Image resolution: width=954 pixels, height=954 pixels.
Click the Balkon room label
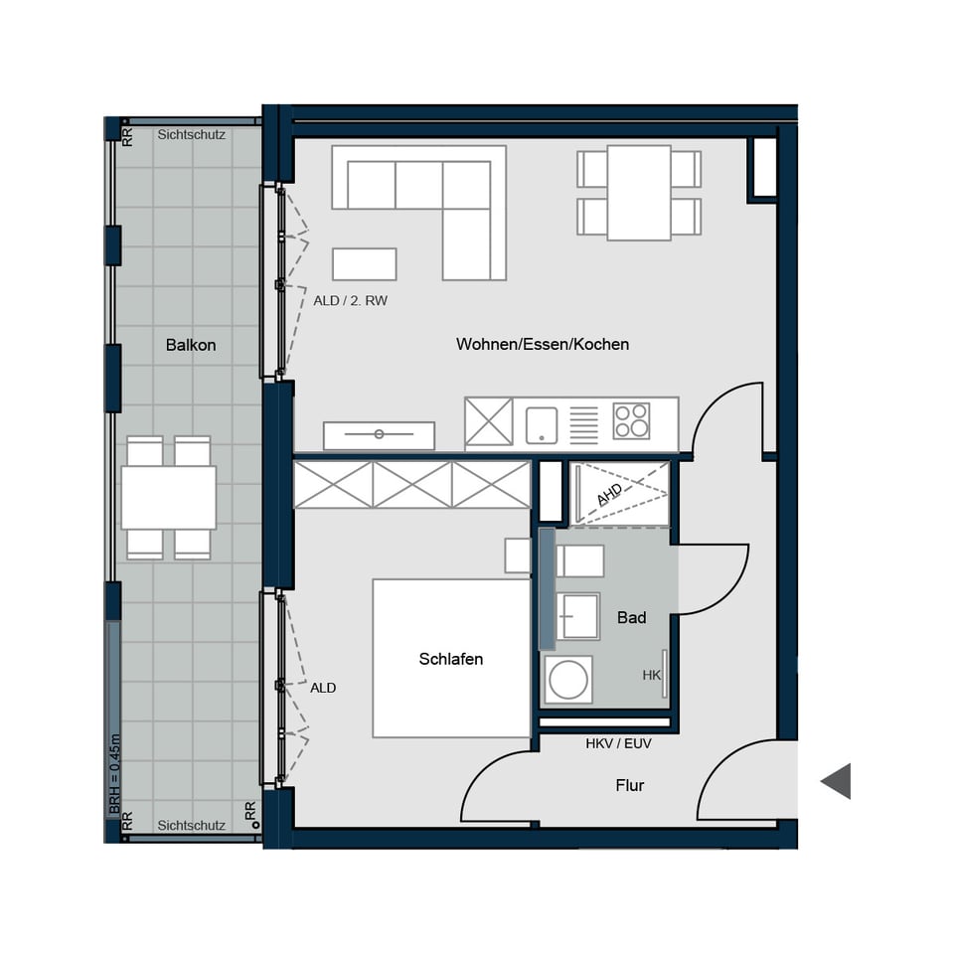(x=191, y=345)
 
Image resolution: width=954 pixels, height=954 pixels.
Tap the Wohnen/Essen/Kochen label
(x=543, y=345)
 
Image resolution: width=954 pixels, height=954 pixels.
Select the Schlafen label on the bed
(x=450, y=659)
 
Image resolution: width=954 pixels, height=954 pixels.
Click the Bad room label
(x=631, y=617)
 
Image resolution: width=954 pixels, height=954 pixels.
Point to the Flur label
(x=629, y=785)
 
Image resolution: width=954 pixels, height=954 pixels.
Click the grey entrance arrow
(x=836, y=781)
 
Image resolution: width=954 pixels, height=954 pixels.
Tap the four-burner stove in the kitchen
(x=631, y=421)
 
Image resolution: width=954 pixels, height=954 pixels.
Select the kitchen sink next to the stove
(x=542, y=424)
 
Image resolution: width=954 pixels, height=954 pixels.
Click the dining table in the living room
(x=639, y=193)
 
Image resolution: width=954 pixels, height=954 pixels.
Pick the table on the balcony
(x=168, y=497)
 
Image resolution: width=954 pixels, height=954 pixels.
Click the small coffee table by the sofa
(x=364, y=264)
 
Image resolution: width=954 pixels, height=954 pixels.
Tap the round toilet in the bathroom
(x=568, y=681)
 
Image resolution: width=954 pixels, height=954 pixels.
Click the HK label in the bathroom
(x=651, y=675)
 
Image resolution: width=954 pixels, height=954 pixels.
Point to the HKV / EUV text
(x=618, y=742)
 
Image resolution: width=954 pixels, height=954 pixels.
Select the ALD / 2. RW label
(x=350, y=300)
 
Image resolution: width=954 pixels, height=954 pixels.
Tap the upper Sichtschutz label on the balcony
(x=192, y=135)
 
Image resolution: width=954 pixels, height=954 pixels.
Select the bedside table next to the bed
(x=518, y=556)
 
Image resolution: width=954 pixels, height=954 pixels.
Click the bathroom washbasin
(x=577, y=616)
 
